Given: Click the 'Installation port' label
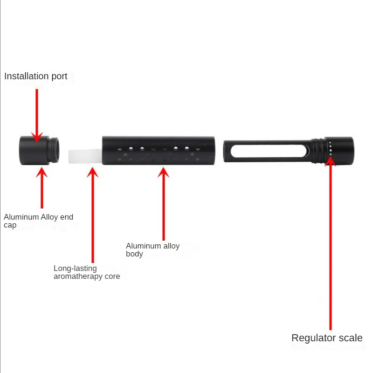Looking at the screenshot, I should (36, 76).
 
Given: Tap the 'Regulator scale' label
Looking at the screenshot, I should (327, 338).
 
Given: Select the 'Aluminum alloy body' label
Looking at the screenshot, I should (152, 250).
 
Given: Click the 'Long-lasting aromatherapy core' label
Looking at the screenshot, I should (87, 272).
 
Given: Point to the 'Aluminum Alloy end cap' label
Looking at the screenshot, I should (38, 221).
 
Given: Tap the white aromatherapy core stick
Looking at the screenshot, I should (85, 156).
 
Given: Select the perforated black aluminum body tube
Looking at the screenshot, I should (159, 150).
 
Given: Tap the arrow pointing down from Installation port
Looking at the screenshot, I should (37, 114).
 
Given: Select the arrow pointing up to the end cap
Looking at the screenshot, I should (42, 186).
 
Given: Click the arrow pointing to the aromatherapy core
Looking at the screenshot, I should (93, 214).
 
